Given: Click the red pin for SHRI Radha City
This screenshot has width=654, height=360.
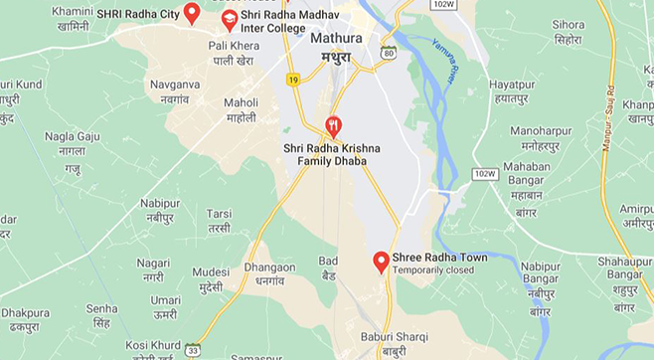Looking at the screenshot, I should click(192, 13).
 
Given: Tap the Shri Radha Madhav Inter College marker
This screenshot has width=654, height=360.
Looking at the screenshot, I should click(230, 20).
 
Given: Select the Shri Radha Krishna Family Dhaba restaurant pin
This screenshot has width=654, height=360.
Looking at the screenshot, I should click(333, 127).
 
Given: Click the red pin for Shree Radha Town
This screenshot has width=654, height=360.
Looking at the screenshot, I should click(381, 262).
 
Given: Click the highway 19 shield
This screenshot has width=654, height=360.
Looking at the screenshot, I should click(292, 79).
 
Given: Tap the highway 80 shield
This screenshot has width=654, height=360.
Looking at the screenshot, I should click(388, 52).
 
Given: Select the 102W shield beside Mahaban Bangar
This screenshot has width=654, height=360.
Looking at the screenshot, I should click(484, 173).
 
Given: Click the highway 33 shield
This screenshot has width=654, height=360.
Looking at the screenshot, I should click(192, 349).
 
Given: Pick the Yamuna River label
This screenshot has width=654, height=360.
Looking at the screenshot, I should click(445, 63).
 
